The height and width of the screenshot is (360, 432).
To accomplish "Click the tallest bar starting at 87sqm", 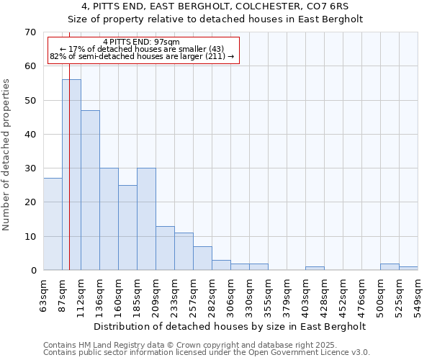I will [71, 175].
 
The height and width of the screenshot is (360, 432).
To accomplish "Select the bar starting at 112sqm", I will [90, 190].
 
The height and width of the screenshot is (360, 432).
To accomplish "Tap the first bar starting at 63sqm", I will [53, 224].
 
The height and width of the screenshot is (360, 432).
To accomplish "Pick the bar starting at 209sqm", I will [165, 248].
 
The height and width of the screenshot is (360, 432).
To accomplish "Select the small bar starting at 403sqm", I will [315, 269].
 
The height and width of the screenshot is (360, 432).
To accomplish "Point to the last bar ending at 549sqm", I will [408, 269].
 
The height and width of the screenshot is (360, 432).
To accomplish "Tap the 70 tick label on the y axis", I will [30, 32].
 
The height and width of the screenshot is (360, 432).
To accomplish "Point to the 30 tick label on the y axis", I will [30, 168].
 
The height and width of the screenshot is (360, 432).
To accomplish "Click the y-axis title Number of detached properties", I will [7, 155].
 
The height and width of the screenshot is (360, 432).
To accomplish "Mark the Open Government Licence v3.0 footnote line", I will [206, 353].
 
